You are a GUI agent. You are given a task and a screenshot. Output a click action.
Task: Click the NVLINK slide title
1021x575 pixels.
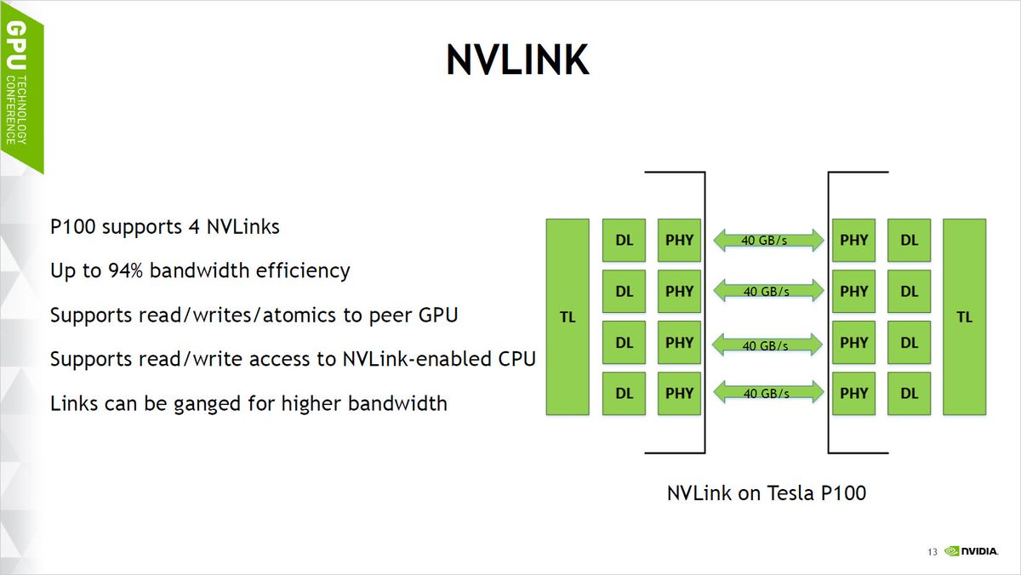coord(517,60)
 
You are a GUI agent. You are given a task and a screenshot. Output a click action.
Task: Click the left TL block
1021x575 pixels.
coord(567,317)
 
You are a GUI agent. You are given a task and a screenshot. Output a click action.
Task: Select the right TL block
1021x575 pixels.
coord(964,317)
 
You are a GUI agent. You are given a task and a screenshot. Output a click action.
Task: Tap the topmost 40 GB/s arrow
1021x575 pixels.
coord(769,241)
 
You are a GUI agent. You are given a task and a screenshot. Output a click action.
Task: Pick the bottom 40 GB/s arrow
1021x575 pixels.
coord(769,393)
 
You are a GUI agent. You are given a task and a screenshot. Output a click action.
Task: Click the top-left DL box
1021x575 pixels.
coord(624,241)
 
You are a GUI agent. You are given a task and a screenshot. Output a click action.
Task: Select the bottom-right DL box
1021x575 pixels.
coord(909,393)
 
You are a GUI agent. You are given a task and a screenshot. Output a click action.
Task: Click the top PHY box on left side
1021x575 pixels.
coord(679,241)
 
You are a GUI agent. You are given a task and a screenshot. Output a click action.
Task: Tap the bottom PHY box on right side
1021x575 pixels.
coord(853,393)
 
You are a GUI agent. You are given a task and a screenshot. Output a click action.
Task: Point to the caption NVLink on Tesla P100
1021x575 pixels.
coord(766,492)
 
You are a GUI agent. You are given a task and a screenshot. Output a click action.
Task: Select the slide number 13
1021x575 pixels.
coord(932,553)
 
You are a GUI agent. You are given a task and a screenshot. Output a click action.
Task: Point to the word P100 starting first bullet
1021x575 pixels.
coord(71,227)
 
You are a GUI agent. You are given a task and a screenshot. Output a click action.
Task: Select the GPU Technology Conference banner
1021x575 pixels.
coord(19,85)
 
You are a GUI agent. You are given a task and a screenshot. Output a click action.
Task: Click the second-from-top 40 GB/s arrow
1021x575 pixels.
coord(769,292)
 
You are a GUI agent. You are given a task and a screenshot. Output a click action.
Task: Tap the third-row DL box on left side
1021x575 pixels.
coord(624,343)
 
